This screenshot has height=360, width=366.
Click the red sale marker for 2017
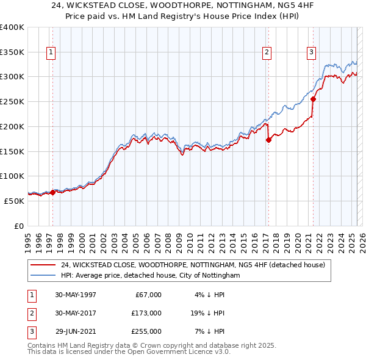tap(268, 140)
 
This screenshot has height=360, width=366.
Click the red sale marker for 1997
tap(52, 192)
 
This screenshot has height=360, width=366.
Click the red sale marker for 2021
tap(313, 99)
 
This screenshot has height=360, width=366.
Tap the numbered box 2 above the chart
tap(267, 52)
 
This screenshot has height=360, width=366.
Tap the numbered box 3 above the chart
tap(311, 52)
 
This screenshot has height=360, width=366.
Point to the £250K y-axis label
tap(12, 101)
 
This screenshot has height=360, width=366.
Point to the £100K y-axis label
tap(12, 176)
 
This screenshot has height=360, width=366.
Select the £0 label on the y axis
tap(18, 226)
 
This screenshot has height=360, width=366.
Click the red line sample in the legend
tap(43, 265)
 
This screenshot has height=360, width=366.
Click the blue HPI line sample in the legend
tap(43, 275)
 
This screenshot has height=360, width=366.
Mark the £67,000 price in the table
tap(148, 295)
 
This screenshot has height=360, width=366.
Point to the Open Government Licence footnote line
tap(129, 352)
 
